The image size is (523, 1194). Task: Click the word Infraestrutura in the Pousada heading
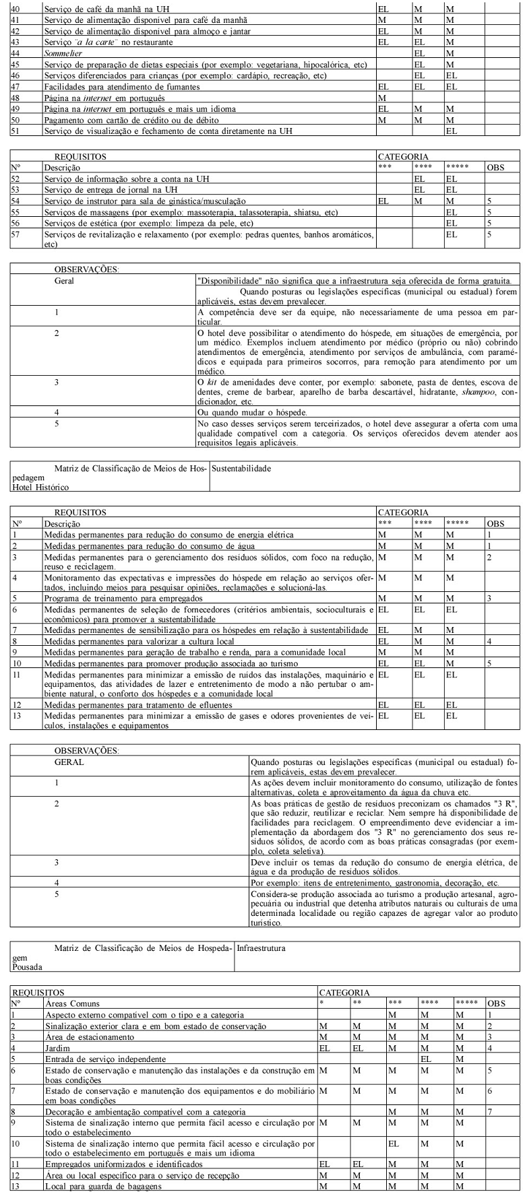click(261, 948)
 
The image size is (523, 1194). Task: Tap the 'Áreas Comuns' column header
click(71, 1003)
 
